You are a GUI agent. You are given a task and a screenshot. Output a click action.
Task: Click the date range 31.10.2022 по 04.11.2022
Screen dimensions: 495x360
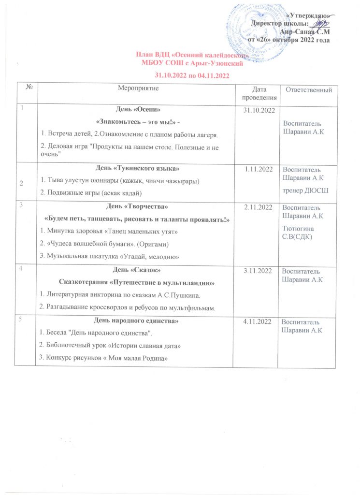pyautogui.click(x=191, y=75)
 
